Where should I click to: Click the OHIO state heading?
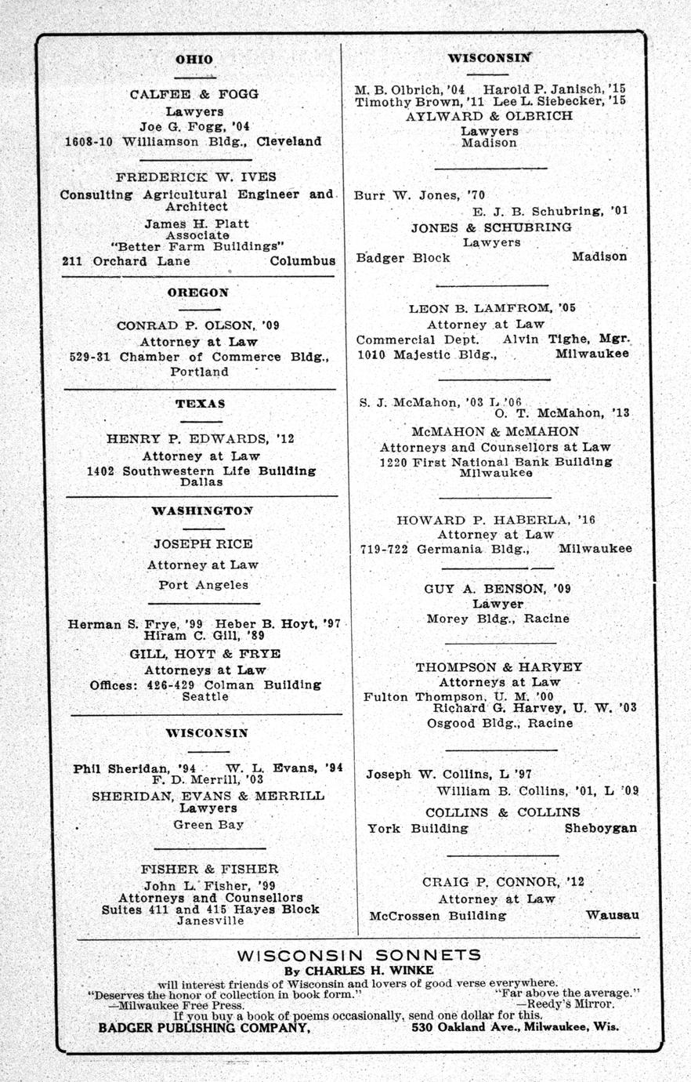click(x=194, y=59)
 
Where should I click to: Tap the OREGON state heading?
click(x=197, y=292)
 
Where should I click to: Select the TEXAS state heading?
click(x=200, y=403)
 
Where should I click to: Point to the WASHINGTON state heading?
click(x=202, y=510)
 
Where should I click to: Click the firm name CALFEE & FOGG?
click(x=194, y=94)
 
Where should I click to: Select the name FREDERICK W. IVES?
click(x=196, y=176)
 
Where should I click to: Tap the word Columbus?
click(x=302, y=261)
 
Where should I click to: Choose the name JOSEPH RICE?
click(x=203, y=543)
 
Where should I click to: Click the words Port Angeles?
click(x=203, y=584)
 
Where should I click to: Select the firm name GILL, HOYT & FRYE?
click(x=205, y=653)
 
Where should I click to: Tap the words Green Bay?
click(x=208, y=824)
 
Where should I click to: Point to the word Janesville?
click(x=210, y=920)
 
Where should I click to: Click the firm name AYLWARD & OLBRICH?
click(x=489, y=115)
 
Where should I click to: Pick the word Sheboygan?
click(x=600, y=828)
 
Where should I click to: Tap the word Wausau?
click(x=612, y=915)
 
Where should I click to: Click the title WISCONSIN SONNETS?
click(x=359, y=955)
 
